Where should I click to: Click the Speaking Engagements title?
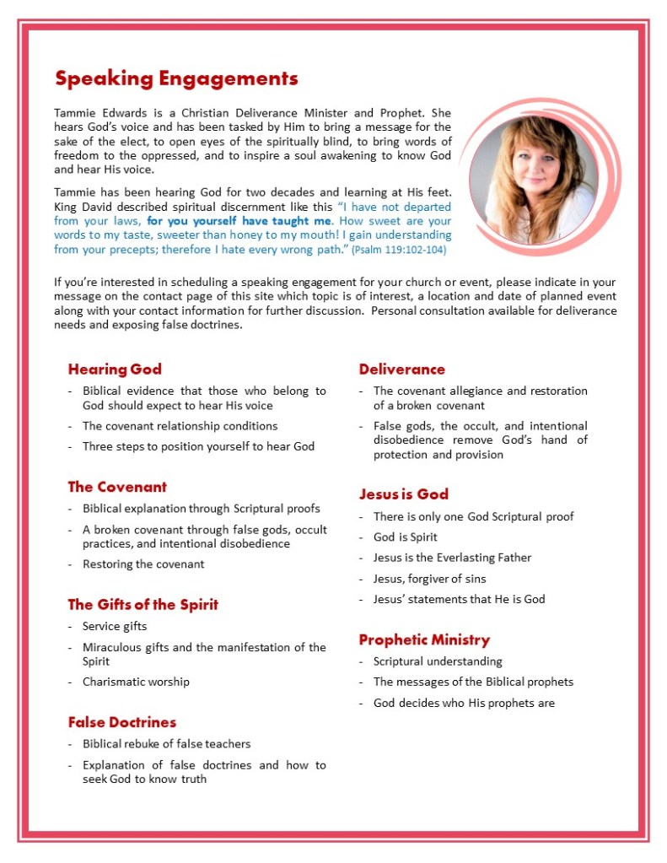176,79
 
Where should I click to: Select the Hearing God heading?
115,369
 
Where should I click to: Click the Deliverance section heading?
401,369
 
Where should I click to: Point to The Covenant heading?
117,487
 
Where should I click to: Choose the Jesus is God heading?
403,494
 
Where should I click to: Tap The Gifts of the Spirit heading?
143,604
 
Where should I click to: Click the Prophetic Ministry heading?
424,639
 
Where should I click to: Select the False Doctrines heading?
122,722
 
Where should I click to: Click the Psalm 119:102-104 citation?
399,251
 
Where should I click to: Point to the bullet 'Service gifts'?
115,627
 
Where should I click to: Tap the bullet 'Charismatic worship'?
136,682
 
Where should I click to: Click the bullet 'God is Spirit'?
406,537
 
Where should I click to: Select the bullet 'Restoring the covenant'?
143,564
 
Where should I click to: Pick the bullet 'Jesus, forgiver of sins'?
429,579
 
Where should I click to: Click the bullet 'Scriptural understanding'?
438,661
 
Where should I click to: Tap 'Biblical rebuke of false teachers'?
166,744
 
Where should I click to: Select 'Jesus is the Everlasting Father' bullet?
452,558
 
